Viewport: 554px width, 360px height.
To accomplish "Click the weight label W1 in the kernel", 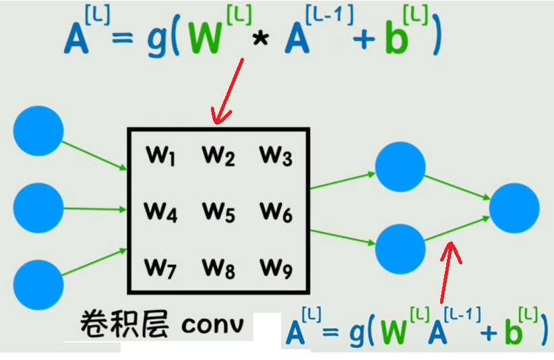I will [x=160, y=157].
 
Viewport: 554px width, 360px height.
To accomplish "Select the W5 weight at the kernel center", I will [x=218, y=213].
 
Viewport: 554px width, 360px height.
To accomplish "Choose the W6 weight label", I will [x=276, y=213].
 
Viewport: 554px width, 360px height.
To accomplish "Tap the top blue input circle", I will [x=38, y=131].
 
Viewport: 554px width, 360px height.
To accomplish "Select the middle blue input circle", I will [x=38, y=208].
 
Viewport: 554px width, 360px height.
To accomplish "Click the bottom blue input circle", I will [x=38, y=284].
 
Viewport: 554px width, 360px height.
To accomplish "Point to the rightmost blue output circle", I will [x=514, y=208].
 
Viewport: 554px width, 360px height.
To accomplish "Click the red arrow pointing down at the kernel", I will [x=228, y=91].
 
